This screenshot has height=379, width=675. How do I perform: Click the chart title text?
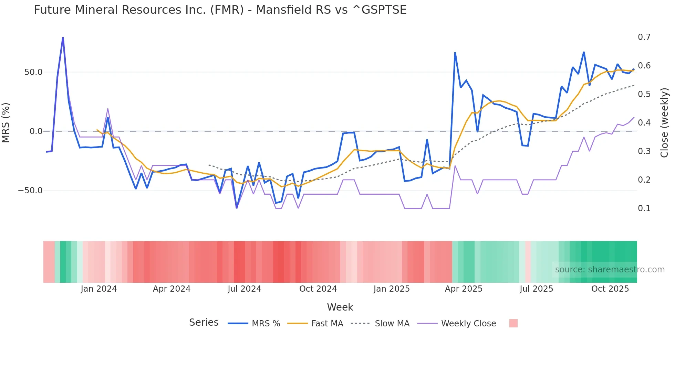tap(220, 10)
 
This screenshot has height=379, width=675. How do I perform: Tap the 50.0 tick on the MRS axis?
tap(33, 72)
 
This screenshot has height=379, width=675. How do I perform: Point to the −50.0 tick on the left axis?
tap(31, 191)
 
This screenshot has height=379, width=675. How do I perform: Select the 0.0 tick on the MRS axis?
tap(36, 131)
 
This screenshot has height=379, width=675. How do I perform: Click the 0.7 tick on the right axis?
tap(644, 37)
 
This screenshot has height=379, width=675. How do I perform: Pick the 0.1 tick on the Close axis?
tap(644, 208)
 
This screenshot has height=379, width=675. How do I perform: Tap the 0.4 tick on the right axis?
tap(644, 123)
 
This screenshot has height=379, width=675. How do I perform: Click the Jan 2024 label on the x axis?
tap(99, 289)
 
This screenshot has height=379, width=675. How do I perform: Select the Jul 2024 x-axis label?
tap(244, 289)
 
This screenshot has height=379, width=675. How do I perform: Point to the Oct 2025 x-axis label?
tap(610, 289)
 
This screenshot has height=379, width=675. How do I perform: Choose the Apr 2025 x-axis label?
tap(464, 289)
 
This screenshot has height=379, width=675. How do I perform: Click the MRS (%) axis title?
tap(6, 123)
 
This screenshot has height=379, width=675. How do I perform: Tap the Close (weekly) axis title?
tap(664, 123)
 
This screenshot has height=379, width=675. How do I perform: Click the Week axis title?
tap(340, 307)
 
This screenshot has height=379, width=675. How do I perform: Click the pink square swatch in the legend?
tap(513, 323)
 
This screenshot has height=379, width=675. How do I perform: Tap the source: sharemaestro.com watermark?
tap(610, 270)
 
